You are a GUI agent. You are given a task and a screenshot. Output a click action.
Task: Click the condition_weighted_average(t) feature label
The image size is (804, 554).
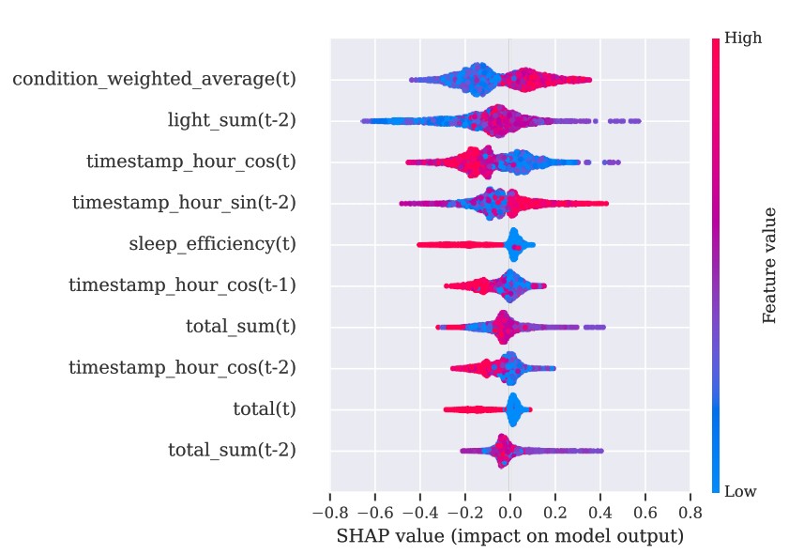[x=154, y=79]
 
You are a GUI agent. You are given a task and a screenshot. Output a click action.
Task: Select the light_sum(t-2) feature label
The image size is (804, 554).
[x=232, y=120]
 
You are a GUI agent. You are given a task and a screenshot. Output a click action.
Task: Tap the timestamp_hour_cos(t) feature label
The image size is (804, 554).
[x=190, y=162]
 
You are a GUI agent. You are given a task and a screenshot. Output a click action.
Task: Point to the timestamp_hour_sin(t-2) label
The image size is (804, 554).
[x=184, y=203]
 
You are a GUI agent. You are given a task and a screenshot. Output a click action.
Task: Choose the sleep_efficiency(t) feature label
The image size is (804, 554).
[x=212, y=244]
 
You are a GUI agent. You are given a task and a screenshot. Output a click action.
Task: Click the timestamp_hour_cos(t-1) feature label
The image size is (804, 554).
[x=182, y=285]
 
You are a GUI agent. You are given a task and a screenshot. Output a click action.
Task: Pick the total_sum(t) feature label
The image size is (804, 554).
[x=241, y=327]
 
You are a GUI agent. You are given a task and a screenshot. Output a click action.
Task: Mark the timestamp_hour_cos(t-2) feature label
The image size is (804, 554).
[x=182, y=368]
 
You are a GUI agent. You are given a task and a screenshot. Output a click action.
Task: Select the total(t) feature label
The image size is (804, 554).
[x=264, y=409]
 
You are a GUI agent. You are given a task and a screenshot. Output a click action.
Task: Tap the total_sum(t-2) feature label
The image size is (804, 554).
[x=232, y=451]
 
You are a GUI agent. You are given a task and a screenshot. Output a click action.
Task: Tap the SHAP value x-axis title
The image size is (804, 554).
[x=509, y=536]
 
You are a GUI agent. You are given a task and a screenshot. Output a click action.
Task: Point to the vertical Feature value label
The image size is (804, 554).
[x=770, y=265]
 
